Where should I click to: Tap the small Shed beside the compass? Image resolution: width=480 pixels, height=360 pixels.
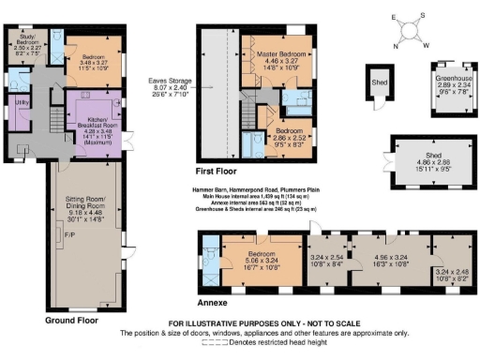(378, 82)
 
